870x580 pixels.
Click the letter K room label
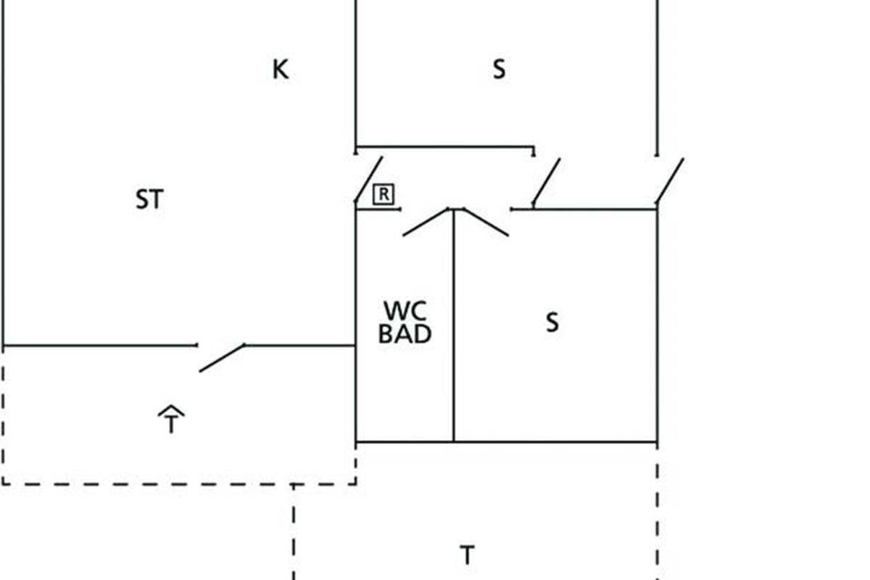[281, 70]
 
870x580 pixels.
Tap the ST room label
[149, 199]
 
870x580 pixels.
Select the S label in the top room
[499, 70]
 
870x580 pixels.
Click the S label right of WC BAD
[552, 323]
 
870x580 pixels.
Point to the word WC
[405, 311]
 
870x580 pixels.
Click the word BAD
[405, 334]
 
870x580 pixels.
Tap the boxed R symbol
[384, 194]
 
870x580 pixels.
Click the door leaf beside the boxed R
[368, 178]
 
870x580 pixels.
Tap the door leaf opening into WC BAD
[426, 222]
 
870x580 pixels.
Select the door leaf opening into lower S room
[486, 222]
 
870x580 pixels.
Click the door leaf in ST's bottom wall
[222, 357]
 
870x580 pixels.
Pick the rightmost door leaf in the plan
[669, 181]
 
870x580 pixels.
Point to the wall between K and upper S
[355, 72]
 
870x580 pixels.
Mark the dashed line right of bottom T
[658, 515]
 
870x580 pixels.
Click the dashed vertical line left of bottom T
[294, 533]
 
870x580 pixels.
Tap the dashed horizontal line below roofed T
[178, 484]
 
